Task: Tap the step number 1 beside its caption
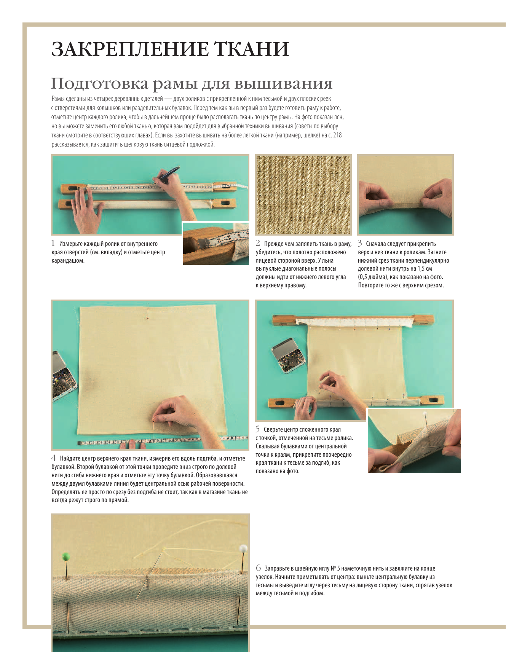point(53,243)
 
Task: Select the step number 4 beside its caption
point(54,458)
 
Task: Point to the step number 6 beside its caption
point(258,568)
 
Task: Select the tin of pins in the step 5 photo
point(288,356)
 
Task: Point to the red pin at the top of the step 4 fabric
point(147,317)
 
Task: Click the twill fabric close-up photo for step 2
point(303,194)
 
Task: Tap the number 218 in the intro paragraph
point(337,135)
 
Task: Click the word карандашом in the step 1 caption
point(68,261)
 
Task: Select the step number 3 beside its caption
point(360,243)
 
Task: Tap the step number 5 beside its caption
point(258,429)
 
